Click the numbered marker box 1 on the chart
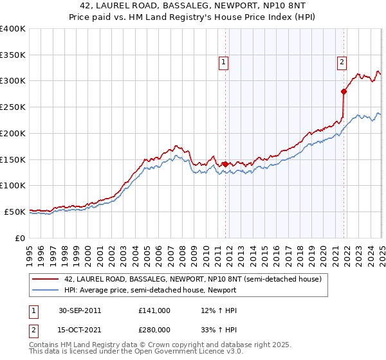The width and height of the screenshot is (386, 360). (223, 62)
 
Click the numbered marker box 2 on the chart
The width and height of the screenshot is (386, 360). (342, 62)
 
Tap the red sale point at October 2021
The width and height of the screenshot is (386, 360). (344, 91)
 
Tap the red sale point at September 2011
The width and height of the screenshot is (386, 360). (226, 164)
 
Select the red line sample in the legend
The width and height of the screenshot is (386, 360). (46, 279)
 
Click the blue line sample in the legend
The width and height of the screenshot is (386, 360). (46, 290)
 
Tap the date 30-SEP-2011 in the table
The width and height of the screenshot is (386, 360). (79, 310)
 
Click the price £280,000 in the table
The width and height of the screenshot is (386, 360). (154, 330)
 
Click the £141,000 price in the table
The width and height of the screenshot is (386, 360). (154, 310)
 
